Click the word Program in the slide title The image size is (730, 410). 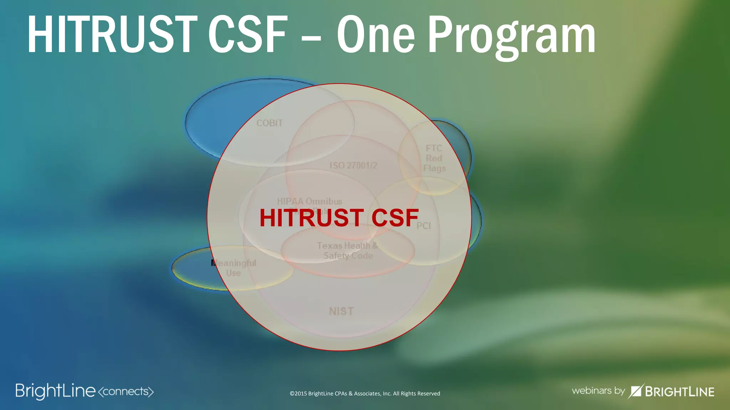(x=511, y=36)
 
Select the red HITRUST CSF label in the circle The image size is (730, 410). (x=339, y=218)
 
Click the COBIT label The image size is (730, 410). (x=269, y=123)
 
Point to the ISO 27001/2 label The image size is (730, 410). (x=353, y=165)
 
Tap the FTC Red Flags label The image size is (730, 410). (x=434, y=158)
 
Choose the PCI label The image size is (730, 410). (x=423, y=226)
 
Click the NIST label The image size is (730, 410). (x=341, y=311)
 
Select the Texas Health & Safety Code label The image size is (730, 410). (x=348, y=251)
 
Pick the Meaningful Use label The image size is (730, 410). (x=234, y=268)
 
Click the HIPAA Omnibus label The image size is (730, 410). (x=309, y=201)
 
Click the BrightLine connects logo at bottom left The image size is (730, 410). (x=56, y=391)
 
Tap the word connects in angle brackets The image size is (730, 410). (x=125, y=391)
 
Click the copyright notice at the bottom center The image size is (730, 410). (x=365, y=393)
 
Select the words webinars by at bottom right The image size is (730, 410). (x=598, y=391)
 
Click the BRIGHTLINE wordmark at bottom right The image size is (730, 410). (x=679, y=392)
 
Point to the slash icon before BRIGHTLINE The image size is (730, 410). (x=636, y=391)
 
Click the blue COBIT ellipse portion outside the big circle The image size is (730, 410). (x=210, y=117)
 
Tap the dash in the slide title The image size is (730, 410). (x=311, y=36)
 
